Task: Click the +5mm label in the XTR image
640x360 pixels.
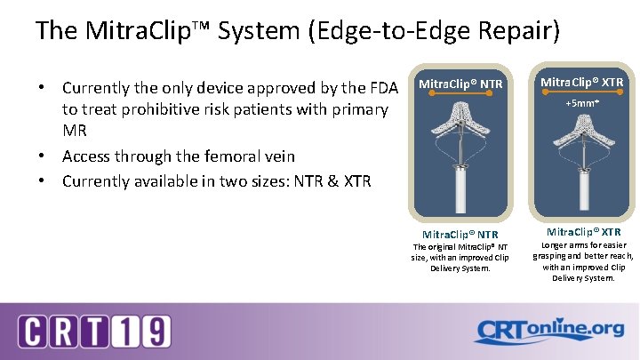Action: coord(582,103)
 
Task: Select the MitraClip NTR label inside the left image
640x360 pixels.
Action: coord(460,84)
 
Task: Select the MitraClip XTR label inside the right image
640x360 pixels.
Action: coord(582,82)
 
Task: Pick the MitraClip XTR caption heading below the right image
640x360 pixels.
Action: coord(582,232)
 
